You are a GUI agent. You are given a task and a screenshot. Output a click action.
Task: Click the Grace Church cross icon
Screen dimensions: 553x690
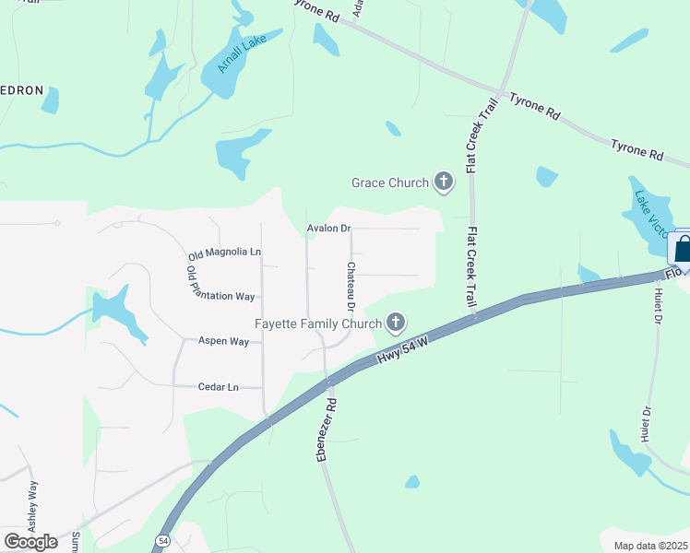coord(444,182)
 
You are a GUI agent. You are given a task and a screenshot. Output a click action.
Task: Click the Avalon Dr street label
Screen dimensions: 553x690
coord(329,229)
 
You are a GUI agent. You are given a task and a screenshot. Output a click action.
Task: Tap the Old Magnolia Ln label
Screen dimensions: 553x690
coord(225,253)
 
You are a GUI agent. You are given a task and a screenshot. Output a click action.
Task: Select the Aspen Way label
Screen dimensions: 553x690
coord(224,341)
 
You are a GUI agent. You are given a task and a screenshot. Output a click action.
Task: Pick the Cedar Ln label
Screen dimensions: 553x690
coord(219,387)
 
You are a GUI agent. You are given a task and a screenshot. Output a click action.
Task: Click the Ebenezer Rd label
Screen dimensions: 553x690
coord(327,429)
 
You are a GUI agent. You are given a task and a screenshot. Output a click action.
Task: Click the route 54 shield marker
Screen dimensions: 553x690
coord(163,540)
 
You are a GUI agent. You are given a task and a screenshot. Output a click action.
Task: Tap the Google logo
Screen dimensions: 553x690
coord(31,542)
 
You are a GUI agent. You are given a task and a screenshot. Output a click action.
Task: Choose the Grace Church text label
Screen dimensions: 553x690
coord(390,182)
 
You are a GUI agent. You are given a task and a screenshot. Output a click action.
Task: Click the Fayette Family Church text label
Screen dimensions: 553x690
coord(318,324)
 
